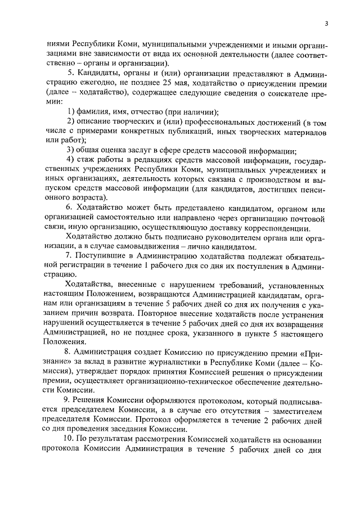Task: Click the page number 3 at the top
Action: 326,23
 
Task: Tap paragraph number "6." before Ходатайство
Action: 70,208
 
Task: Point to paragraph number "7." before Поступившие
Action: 70,256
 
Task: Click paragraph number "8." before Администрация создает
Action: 70,353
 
